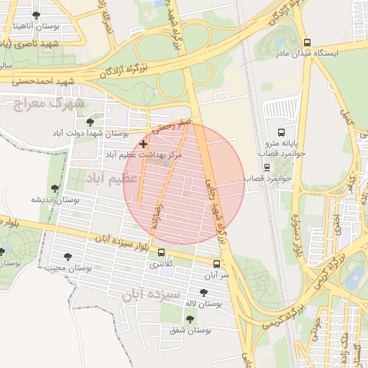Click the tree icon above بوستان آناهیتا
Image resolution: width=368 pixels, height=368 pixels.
[37, 15]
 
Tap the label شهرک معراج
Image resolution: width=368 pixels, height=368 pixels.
[49, 104]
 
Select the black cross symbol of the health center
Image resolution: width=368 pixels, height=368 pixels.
[144, 144]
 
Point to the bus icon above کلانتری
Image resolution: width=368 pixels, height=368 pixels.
[161, 253]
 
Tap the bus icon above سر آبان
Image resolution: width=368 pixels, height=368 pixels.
[218, 264]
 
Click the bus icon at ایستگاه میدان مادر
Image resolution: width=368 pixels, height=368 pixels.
[308, 42]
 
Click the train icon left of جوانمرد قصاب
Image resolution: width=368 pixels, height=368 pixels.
[267, 167]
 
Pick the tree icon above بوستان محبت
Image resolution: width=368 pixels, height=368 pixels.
[68, 256]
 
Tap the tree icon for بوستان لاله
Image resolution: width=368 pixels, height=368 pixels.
[203, 292]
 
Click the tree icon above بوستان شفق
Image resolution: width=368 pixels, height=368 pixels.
[190, 318]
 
